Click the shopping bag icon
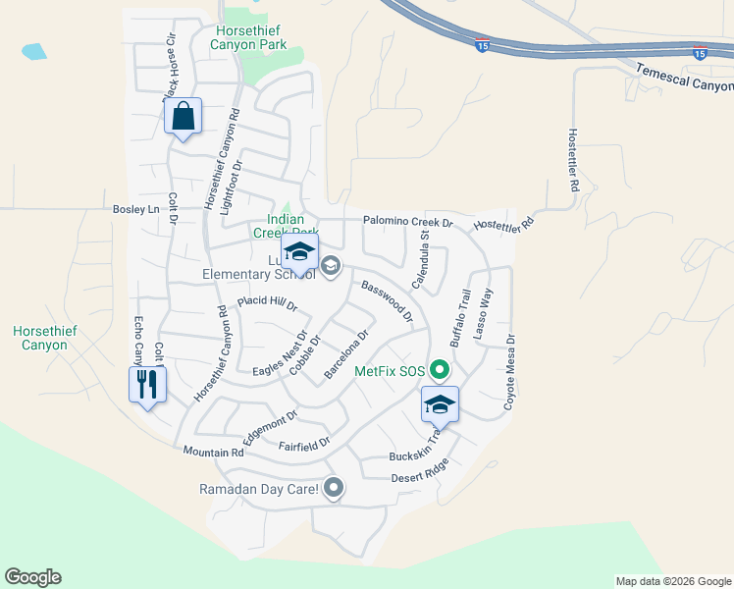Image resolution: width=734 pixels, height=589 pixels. (x=183, y=117)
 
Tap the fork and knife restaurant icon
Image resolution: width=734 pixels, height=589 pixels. (x=147, y=384)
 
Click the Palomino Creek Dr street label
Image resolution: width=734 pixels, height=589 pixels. (x=408, y=222)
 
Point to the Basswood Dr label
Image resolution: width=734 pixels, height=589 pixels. (x=388, y=301)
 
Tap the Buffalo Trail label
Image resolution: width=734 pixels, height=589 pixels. (x=460, y=317)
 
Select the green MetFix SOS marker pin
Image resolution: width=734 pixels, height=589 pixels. (x=440, y=371)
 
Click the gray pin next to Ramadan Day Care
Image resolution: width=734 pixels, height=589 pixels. (x=334, y=488)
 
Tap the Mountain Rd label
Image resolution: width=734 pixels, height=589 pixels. (x=213, y=453)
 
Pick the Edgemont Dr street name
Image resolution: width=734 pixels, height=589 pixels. (x=270, y=429)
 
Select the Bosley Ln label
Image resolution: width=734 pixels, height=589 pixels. (x=135, y=209)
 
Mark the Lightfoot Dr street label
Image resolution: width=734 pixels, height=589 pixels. (x=231, y=188)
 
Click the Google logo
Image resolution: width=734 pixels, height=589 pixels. (x=32, y=577)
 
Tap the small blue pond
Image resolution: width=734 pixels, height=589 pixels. (x=33, y=51)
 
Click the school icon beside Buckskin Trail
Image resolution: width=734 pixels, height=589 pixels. (x=441, y=404)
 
